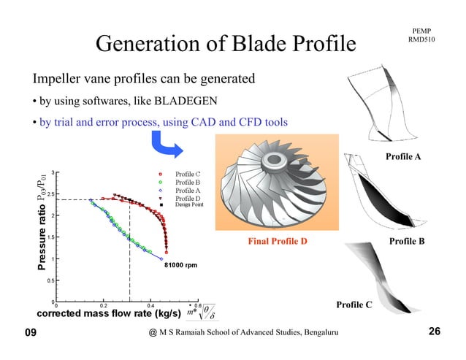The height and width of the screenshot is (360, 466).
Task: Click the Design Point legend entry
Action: [188, 204]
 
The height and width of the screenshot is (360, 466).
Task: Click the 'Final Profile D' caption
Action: [277, 240]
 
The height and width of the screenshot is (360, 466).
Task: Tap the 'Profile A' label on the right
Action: [404, 156]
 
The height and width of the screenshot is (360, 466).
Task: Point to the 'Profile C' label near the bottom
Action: [354, 304]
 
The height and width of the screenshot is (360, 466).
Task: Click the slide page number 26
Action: [435, 332]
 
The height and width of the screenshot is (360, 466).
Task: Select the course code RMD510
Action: [423, 37]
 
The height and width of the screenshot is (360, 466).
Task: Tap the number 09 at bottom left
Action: [31, 333]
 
